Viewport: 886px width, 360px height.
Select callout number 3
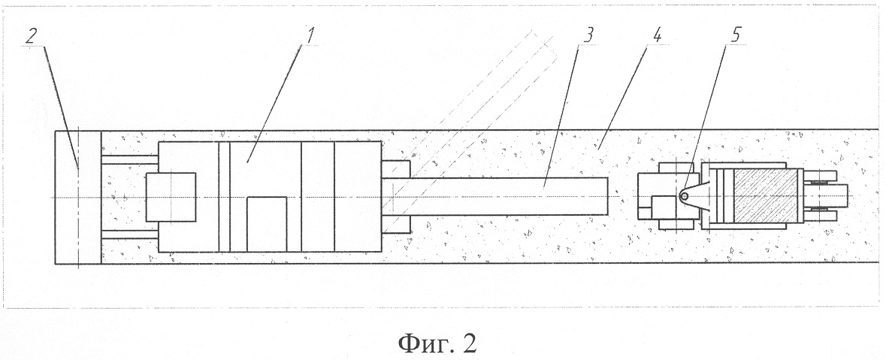click(x=588, y=35)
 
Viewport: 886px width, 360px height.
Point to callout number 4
click(x=657, y=35)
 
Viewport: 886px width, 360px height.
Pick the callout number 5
click(x=734, y=35)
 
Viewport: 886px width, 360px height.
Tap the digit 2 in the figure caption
click(x=469, y=343)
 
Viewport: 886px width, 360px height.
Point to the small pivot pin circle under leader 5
click(x=684, y=196)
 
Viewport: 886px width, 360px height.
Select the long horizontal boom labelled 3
click(x=495, y=196)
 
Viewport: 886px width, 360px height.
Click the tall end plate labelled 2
click(x=78, y=197)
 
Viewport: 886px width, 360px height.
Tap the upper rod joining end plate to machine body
click(x=129, y=160)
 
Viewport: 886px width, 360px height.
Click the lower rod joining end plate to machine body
click(x=129, y=234)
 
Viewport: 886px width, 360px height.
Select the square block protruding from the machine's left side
click(x=171, y=197)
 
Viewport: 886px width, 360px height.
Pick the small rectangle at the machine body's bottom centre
click(x=267, y=224)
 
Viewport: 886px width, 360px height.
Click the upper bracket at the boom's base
click(x=395, y=169)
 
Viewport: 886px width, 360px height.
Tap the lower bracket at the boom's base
click(x=395, y=224)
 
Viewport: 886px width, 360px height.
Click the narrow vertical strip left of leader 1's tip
click(x=225, y=197)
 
